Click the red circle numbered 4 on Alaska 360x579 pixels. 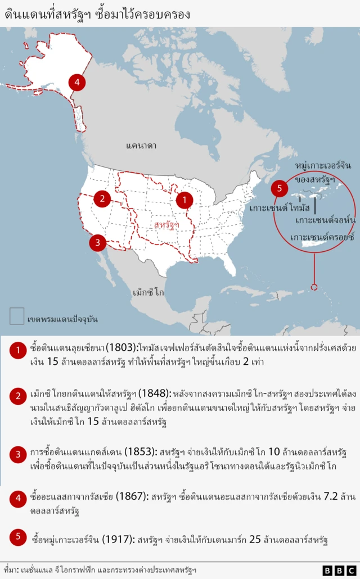coord(77,83)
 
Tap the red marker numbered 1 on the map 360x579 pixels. coord(184,199)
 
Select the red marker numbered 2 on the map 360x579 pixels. coord(102,198)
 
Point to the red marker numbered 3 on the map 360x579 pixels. coord(97,243)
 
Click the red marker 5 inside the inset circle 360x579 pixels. coord(280,188)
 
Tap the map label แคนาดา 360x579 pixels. coord(141,146)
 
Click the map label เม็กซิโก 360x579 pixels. coord(148,293)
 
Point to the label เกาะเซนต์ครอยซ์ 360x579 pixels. coord(322,237)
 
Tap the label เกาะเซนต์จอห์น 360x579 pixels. coord(325,220)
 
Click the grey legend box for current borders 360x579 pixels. coord(16,316)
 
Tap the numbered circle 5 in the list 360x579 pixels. coord(17,537)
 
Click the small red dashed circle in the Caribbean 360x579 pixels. coord(314,287)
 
